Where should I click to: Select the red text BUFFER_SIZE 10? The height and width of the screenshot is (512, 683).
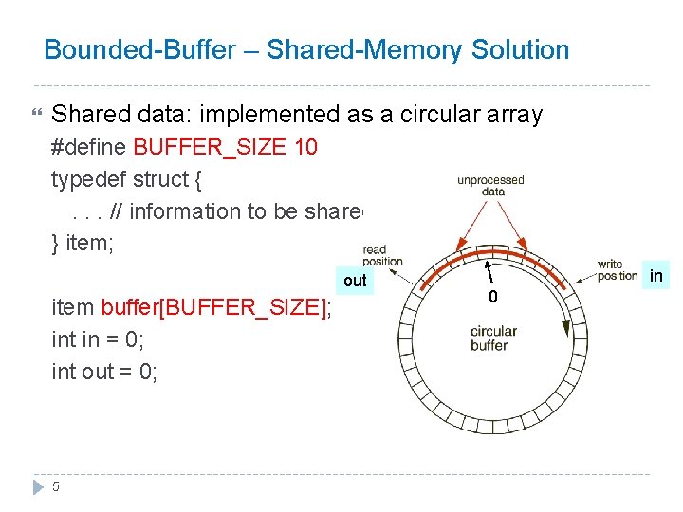point(226,148)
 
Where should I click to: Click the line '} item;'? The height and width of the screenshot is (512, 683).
point(83,244)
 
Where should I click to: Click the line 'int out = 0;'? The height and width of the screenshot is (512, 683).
point(104,372)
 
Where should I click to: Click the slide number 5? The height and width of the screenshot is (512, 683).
point(56,486)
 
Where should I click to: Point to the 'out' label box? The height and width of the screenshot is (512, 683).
point(355,281)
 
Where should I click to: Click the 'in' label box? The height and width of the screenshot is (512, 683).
point(655,276)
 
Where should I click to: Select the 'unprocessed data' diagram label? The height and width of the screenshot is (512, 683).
point(490,185)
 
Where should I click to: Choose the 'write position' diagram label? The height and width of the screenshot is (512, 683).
point(618,270)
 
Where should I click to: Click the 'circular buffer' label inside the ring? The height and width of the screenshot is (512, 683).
point(493,338)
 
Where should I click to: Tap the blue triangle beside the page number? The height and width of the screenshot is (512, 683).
point(38,486)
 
